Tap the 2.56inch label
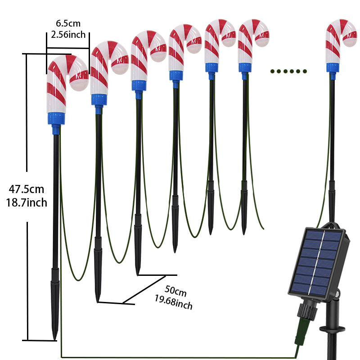coord(68,34)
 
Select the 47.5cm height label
coord(27,189)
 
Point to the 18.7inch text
coord(27,203)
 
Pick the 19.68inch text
coord(174,302)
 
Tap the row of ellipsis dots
coord(289,71)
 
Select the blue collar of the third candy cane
coord(139,85)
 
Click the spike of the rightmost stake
coord(332,198)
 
